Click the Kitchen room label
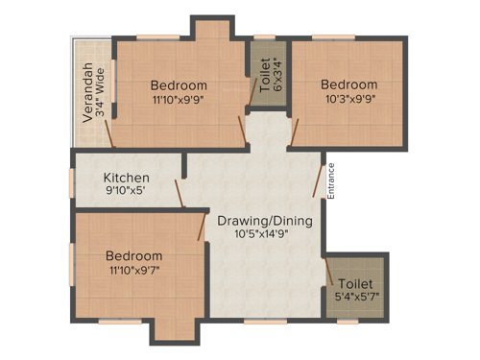pyautogui.click(x=127, y=178)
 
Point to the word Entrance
pyautogui.click(x=331, y=182)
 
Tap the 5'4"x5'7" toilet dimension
pyautogui.click(x=357, y=297)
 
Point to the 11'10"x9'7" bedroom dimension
pyautogui.click(x=134, y=271)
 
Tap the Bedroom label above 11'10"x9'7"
pyautogui.click(x=134, y=256)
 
